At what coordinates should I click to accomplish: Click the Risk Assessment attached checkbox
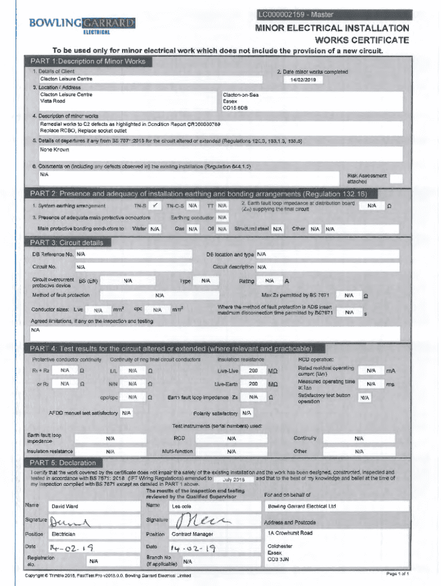click(396, 179)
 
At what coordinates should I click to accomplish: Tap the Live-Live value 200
click(253, 371)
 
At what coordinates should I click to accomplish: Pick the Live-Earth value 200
click(253, 383)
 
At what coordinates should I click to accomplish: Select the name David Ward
click(65, 506)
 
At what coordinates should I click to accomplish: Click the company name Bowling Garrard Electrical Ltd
click(302, 506)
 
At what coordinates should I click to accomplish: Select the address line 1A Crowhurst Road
click(290, 533)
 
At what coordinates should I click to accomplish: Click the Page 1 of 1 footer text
click(397, 573)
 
